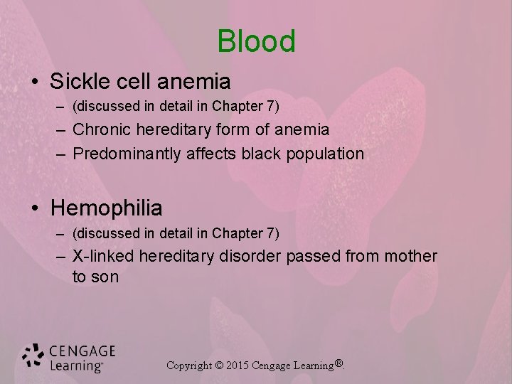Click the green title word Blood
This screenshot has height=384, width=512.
click(256, 41)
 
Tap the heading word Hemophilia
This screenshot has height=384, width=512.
click(107, 208)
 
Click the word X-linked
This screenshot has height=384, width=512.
click(103, 256)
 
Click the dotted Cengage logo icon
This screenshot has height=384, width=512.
click(33, 357)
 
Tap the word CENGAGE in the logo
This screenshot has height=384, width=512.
click(82, 351)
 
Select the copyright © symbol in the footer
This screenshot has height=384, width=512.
click(219, 366)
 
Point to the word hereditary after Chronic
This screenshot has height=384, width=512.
click(165, 129)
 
